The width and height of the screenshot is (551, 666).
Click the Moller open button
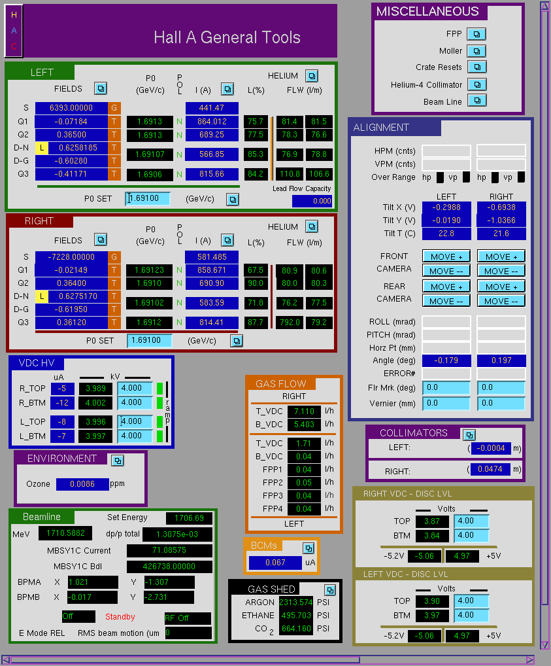(476, 51)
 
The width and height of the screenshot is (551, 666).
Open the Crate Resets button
(476, 67)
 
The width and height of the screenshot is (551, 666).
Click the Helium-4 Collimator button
(476, 84)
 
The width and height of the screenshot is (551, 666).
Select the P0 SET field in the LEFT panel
(148, 198)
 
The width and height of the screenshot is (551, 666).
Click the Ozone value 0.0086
(82, 483)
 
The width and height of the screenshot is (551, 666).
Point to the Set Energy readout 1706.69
(189, 517)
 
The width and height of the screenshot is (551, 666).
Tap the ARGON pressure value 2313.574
(295, 603)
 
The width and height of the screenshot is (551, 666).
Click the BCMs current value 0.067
(275, 563)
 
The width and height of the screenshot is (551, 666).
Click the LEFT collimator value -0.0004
(490, 448)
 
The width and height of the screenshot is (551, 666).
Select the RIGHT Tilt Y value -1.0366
(501, 220)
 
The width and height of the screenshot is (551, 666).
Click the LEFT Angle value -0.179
(446, 360)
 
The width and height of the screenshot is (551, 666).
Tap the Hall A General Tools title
(227, 37)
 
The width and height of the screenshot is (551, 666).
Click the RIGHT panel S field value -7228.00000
(71, 257)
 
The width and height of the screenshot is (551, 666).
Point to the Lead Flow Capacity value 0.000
(312, 201)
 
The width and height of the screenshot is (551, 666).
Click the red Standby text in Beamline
(120, 617)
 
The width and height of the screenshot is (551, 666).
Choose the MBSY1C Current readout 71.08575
(169, 550)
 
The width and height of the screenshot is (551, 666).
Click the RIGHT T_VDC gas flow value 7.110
(304, 411)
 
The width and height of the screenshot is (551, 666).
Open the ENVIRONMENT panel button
(118, 461)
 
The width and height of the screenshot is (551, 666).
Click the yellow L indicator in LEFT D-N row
(42, 148)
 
